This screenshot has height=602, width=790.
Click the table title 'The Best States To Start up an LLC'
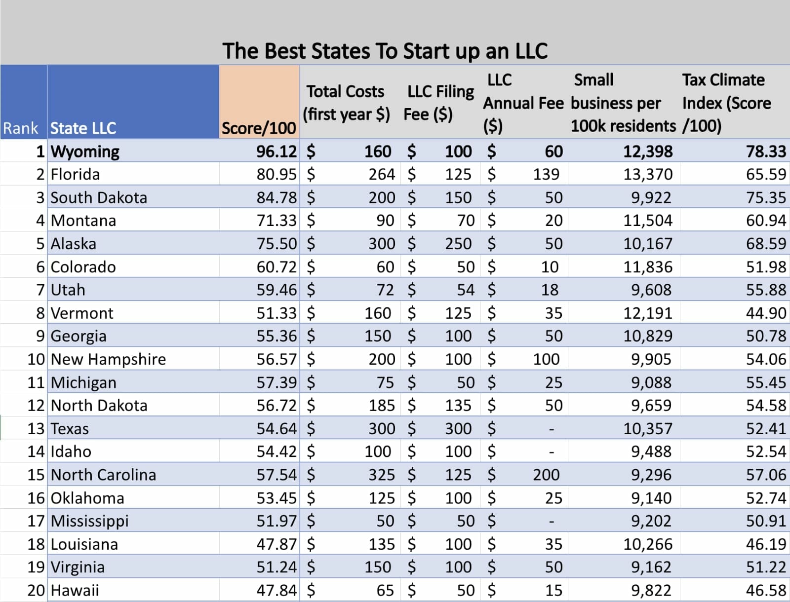tap(385, 51)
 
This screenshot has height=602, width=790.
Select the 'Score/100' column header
tap(258, 128)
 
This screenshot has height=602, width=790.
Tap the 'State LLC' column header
tap(83, 128)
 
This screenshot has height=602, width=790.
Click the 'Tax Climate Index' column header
tap(726, 103)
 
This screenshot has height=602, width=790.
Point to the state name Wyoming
tap(85, 151)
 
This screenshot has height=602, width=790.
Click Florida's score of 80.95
tap(276, 174)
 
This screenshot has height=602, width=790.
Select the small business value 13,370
tap(647, 174)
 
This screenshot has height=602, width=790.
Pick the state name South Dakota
tap(99, 197)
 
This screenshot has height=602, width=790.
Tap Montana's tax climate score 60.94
tap(765, 221)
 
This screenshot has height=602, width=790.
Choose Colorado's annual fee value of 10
tap(550, 267)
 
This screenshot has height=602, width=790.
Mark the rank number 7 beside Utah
tap(40, 290)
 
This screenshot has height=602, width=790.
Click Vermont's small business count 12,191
tap(647, 313)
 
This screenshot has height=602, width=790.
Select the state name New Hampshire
tap(108, 359)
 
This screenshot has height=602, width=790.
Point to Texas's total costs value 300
tap(381, 428)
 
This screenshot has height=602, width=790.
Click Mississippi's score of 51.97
tap(276, 521)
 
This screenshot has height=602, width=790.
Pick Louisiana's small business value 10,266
tap(647, 544)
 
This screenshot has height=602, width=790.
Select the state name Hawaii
tap(75, 590)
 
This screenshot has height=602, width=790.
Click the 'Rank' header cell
tap(20, 128)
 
